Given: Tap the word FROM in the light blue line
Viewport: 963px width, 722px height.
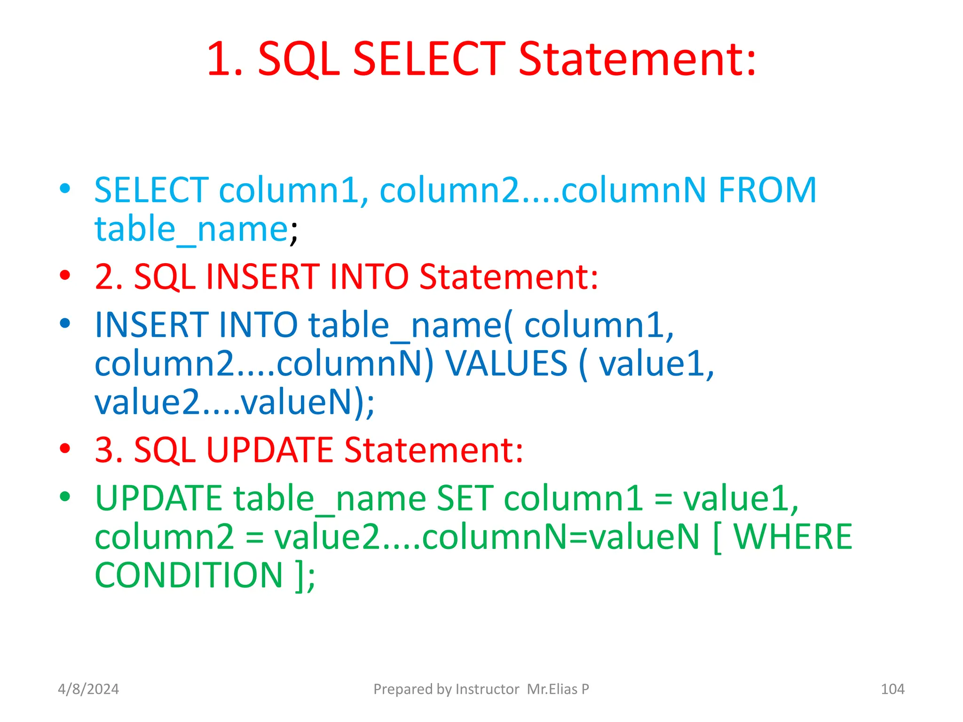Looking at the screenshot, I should coord(767,190).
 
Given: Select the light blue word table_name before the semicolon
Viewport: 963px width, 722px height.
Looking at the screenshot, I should coord(191,229).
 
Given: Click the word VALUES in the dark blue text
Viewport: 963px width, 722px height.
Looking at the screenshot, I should coord(506,363).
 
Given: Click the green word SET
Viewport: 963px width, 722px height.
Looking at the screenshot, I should coord(465,498).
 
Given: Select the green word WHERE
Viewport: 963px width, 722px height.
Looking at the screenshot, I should coord(793,537).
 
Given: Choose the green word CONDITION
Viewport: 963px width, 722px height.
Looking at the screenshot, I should coord(189,575).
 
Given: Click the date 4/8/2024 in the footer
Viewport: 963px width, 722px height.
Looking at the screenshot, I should coord(88,689).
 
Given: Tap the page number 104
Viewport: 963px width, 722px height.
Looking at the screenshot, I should coord(892,689).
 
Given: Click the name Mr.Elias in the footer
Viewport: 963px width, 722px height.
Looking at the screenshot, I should coord(552,689).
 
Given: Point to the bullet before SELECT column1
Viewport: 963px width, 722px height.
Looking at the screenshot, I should coord(65,189).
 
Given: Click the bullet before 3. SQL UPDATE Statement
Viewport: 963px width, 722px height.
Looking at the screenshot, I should coord(65,448).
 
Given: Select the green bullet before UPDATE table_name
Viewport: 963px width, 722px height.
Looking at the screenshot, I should coord(65,497).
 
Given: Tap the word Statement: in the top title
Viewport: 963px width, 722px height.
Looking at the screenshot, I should coord(637,59).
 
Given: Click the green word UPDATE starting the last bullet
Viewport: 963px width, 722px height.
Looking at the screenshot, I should coord(158,498).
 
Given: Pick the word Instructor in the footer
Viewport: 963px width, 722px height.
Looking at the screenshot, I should coord(487,689).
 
